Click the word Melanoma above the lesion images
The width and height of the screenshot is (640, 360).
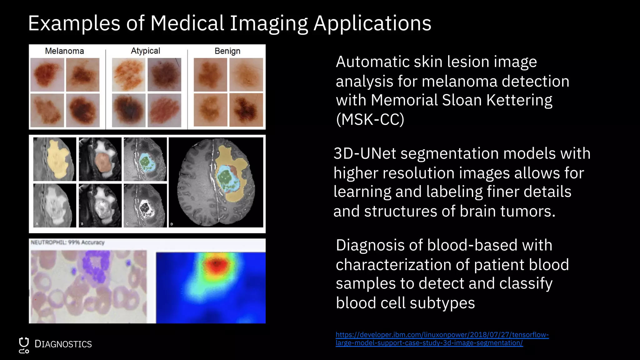point(64,51)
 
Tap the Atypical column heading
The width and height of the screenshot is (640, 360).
point(145,51)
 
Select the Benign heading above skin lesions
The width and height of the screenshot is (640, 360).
point(227,51)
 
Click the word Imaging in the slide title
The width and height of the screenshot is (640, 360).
point(269,24)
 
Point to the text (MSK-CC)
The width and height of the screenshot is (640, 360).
point(370,119)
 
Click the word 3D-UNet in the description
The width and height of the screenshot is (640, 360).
point(364,154)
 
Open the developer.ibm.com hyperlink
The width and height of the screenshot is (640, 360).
point(442,339)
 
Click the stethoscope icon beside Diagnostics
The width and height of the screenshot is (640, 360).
point(24,345)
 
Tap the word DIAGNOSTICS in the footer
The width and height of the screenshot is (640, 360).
point(63,344)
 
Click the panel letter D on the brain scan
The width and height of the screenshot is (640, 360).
point(172,224)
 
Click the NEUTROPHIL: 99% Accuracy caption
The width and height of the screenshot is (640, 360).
point(67,242)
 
